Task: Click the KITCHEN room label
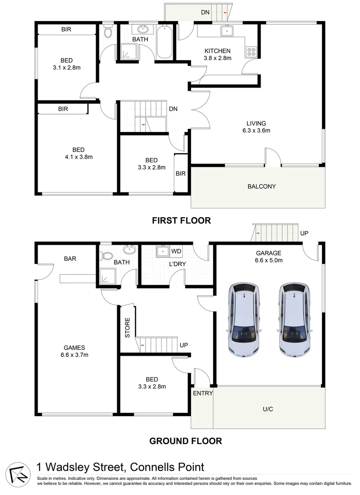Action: click(217, 51)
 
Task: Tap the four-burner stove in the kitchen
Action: click(251, 52)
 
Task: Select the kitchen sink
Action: click(226, 31)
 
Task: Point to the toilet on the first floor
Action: click(108, 32)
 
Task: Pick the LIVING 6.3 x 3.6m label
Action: click(256, 126)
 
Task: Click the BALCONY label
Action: click(262, 186)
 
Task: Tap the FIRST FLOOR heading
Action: click(181, 220)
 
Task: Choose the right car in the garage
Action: click(293, 319)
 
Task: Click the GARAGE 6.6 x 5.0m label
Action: click(269, 256)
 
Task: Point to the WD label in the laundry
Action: click(176, 251)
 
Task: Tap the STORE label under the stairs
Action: click(128, 328)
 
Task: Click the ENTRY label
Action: click(202, 393)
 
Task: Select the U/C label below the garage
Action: click(268, 409)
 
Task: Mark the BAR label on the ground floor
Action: click(70, 258)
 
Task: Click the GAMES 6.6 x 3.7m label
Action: click(75, 351)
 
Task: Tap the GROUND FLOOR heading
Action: click(186, 441)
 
